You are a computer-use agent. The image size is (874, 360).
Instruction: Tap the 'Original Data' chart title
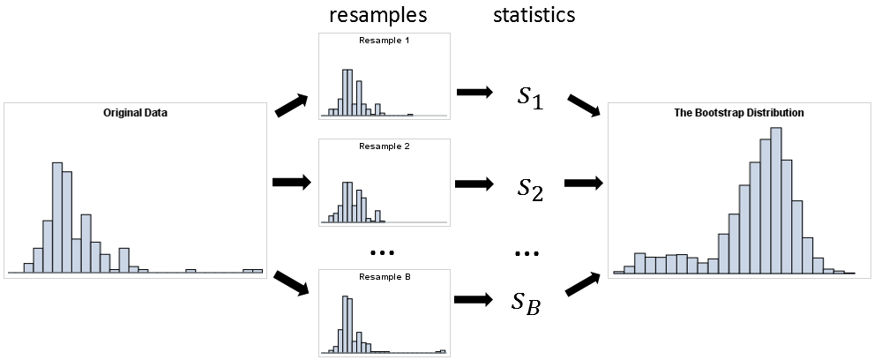pos(135,113)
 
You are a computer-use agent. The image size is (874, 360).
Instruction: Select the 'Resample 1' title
pos(385,41)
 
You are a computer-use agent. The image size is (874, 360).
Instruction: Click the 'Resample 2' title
pos(385,146)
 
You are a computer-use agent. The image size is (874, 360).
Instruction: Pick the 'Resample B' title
pos(385,276)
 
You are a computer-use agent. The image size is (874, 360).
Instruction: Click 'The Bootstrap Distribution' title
pos(739,113)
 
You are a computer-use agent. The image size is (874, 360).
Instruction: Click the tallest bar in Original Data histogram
pos(57,216)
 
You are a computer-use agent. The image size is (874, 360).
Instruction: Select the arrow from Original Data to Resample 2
pos(292,183)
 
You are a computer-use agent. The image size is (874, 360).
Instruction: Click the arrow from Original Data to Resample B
pos(292,284)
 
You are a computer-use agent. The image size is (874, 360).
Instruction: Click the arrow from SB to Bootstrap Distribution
pos(583,284)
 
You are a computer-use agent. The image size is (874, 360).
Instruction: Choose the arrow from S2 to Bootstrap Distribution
pos(582,183)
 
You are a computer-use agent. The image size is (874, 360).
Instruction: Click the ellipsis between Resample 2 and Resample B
pos(384,253)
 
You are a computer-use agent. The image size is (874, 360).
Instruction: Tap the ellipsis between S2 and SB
pos(527,253)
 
